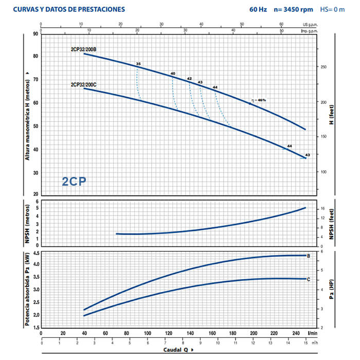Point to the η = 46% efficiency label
pyautogui.click(x=259, y=100)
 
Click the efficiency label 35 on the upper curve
pyautogui.click(x=138, y=64)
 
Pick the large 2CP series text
pyautogui.click(x=74, y=181)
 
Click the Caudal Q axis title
pyautogui.click(x=176, y=350)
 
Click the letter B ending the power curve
pyautogui.click(x=308, y=256)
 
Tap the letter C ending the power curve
pyautogui.click(x=308, y=279)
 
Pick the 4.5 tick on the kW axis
pyautogui.click(x=35, y=254)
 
